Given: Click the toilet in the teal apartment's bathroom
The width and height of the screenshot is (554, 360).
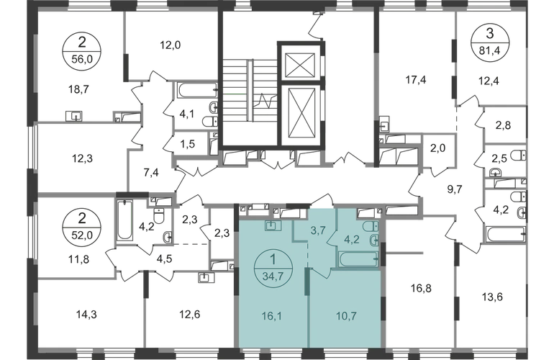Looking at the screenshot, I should [x=374, y=241].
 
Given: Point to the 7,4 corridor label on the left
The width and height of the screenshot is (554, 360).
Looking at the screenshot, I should [x=150, y=173].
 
